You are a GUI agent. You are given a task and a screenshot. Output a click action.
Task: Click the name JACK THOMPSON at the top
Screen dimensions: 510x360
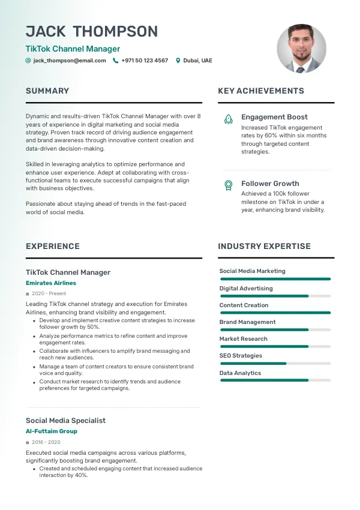pyautogui.click(x=92, y=31)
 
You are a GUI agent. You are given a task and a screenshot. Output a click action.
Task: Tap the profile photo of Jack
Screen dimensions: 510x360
pyautogui.click(x=301, y=49)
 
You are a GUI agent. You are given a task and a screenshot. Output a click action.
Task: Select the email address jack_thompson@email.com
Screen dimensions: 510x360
pyautogui.click(x=70, y=61)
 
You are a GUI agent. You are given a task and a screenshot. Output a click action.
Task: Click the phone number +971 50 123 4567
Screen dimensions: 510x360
pyautogui.click(x=145, y=61)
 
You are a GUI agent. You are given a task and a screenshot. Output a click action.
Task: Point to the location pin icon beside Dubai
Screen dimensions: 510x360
pyautogui.click(x=178, y=61)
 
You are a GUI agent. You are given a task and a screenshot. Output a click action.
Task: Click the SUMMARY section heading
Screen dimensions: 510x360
pyautogui.click(x=47, y=91)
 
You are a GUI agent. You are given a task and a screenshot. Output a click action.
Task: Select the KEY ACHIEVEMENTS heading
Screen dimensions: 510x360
pyautogui.click(x=261, y=91)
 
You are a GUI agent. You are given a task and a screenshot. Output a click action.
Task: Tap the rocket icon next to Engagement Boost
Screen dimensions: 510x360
pyautogui.click(x=228, y=119)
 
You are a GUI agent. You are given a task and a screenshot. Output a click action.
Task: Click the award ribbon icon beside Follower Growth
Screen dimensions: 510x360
pyautogui.click(x=228, y=185)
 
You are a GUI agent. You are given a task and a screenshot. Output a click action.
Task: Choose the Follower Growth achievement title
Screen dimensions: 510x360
pyautogui.click(x=270, y=184)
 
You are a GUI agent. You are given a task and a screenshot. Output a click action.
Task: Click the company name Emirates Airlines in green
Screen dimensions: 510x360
pyautogui.click(x=51, y=283)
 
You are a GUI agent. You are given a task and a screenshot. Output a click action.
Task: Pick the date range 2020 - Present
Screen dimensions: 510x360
pyautogui.click(x=49, y=293)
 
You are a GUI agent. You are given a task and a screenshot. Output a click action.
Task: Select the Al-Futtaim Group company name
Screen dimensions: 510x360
pyautogui.click(x=52, y=431)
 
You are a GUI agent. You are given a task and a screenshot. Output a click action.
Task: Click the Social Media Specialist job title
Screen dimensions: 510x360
pyautogui.click(x=65, y=421)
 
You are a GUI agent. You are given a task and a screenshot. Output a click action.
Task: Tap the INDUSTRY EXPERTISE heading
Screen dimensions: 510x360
pyautogui.click(x=264, y=246)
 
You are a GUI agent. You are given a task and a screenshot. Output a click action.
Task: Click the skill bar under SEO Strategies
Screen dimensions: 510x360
pyautogui.click(x=275, y=364)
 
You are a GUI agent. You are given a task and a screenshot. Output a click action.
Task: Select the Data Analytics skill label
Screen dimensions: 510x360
pyautogui.click(x=240, y=373)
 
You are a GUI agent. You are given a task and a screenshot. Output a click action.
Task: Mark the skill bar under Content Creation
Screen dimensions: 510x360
pyautogui.click(x=275, y=313)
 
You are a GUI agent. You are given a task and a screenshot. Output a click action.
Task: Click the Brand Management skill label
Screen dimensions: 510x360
pyautogui.click(x=247, y=322)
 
